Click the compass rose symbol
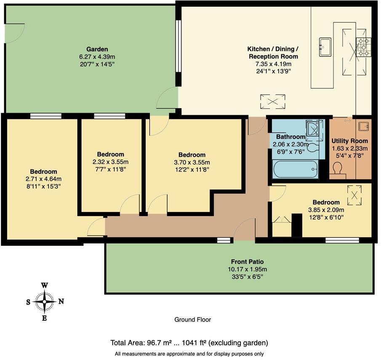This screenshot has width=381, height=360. (44, 301)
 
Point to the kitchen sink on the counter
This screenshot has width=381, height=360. (325, 46)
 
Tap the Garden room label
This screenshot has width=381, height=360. (97, 49)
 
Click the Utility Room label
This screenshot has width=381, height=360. (349, 141)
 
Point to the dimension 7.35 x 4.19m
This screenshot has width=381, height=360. (272, 64)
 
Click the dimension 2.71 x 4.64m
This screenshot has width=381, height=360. (43, 179)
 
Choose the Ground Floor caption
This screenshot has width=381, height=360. (192, 320)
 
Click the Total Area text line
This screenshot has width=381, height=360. (189, 342)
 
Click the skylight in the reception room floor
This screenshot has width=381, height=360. (273, 101)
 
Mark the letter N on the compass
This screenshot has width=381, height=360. (61, 301)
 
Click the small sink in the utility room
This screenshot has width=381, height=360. (363, 126)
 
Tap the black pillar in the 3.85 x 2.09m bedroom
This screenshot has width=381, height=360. (297, 225)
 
